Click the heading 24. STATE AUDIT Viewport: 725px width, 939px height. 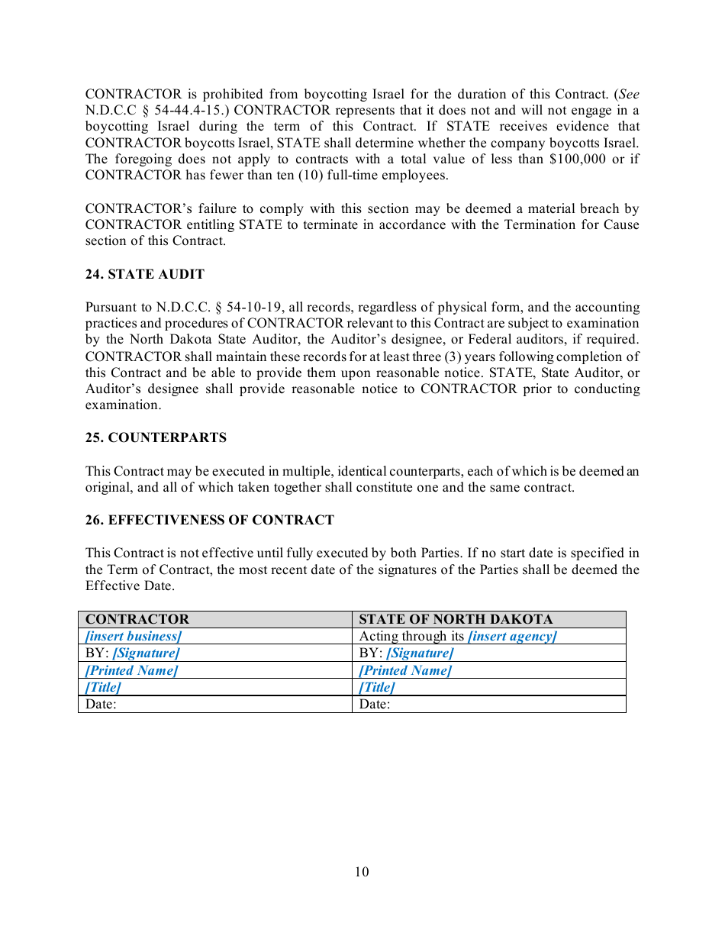pos(144,275)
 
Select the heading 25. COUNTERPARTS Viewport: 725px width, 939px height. pos(156,438)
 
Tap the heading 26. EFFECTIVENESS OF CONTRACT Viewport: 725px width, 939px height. pos(209,521)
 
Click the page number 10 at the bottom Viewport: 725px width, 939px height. pos(362,873)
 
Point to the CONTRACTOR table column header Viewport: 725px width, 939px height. pos(137,619)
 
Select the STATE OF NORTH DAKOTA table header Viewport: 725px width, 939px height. pos(456,619)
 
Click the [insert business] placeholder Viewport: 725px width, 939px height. pos(134,637)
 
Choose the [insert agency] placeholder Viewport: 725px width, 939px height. pos(512,637)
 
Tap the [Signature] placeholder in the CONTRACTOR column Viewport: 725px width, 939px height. pos(146,653)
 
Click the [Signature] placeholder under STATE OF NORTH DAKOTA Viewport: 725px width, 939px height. pos(420,653)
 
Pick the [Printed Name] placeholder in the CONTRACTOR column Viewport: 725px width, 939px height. pos(131,671)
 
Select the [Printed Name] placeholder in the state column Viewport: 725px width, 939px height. pos(405,671)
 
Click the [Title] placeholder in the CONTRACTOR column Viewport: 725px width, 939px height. pos(103,688)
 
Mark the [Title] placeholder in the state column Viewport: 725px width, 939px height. pos(377,688)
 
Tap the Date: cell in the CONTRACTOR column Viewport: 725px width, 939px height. pos(101,705)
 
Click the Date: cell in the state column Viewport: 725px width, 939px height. pos(375,705)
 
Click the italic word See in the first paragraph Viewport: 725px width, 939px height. pos(629,95)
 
